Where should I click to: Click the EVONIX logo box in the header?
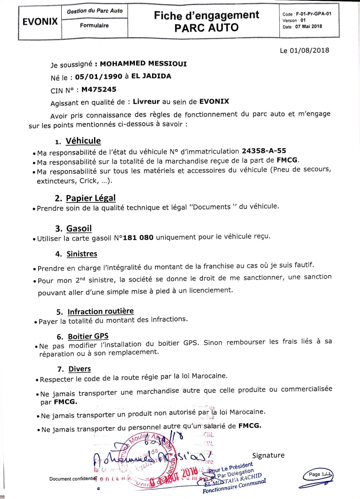(x=40, y=22)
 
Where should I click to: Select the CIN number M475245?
(x=99, y=89)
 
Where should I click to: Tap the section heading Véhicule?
(x=83, y=141)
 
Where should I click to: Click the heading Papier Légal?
(x=91, y=198)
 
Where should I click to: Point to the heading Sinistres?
(x=82, y=254)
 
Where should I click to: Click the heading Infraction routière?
(x=100, y=311)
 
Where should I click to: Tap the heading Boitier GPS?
(x=88, y=336)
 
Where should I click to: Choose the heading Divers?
(x=79, y=369)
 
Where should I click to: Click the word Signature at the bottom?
(x=268, y=455)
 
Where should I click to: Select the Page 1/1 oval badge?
(x=321, y=474)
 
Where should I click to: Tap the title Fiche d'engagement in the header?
(x=206, y=16)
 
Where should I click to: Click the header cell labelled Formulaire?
(x=94, y=26)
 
